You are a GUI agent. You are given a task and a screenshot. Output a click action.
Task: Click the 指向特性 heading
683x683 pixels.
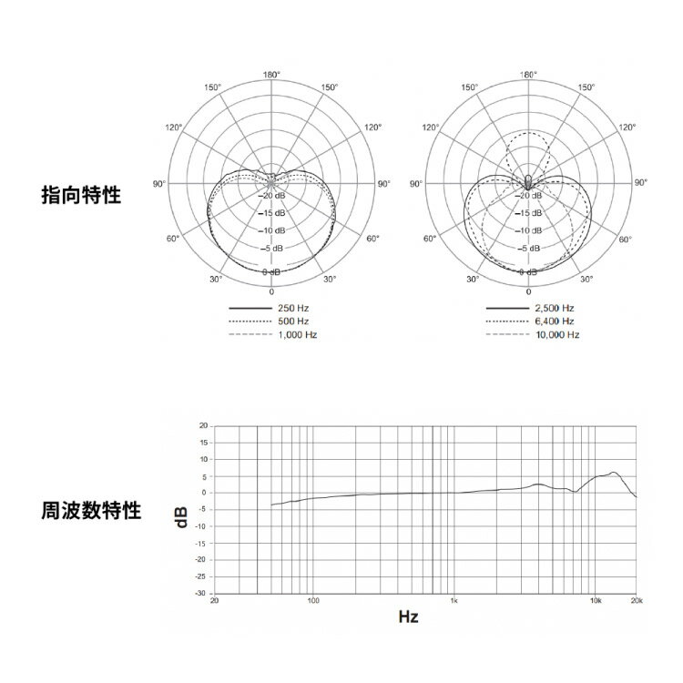[81, 195]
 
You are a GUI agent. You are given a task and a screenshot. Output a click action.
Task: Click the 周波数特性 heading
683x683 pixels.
[91, 510]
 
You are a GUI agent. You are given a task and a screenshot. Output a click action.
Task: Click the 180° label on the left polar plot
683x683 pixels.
[271, 75]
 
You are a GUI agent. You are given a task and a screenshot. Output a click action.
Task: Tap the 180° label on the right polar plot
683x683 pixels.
[528, 75]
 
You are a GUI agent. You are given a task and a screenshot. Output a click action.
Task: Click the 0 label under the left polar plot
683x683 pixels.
[271, 291]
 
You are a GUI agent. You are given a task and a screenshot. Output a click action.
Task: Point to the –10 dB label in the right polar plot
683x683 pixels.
[528, 231]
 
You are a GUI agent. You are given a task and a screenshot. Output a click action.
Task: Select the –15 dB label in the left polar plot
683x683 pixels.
[271, 213]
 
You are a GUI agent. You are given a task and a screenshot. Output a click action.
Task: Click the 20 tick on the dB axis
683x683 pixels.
[203, 425]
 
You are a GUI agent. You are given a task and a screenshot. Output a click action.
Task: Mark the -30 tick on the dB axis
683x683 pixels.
[200, 593]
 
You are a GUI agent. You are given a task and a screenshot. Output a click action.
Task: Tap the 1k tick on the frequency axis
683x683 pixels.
[454, 601]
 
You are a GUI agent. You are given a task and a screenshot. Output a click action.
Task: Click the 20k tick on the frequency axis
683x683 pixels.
[637, 601]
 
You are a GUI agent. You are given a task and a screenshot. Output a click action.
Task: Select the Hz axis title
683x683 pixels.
[408, 617]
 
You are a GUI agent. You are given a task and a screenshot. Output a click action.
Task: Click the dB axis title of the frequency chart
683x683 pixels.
[181, 517]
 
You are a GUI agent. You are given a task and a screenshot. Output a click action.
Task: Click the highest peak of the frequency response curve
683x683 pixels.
[613, 472]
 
